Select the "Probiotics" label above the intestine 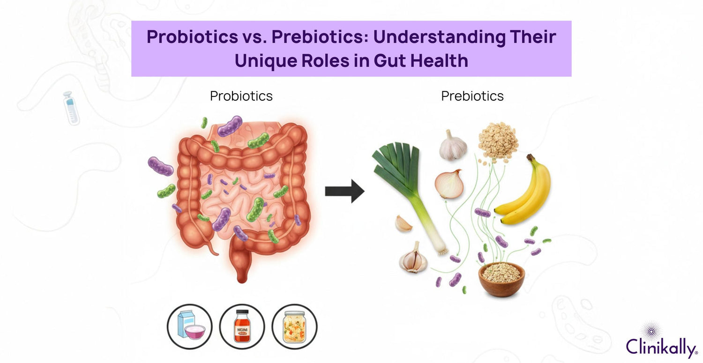tap(241, 96)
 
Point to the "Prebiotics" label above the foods tap(472, 96)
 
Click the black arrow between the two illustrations tap(344, 191)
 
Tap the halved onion tap(449, 184)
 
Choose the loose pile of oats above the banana tap(498, 140)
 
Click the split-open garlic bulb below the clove tap(413, 258)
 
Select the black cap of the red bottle tap(241, 313)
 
